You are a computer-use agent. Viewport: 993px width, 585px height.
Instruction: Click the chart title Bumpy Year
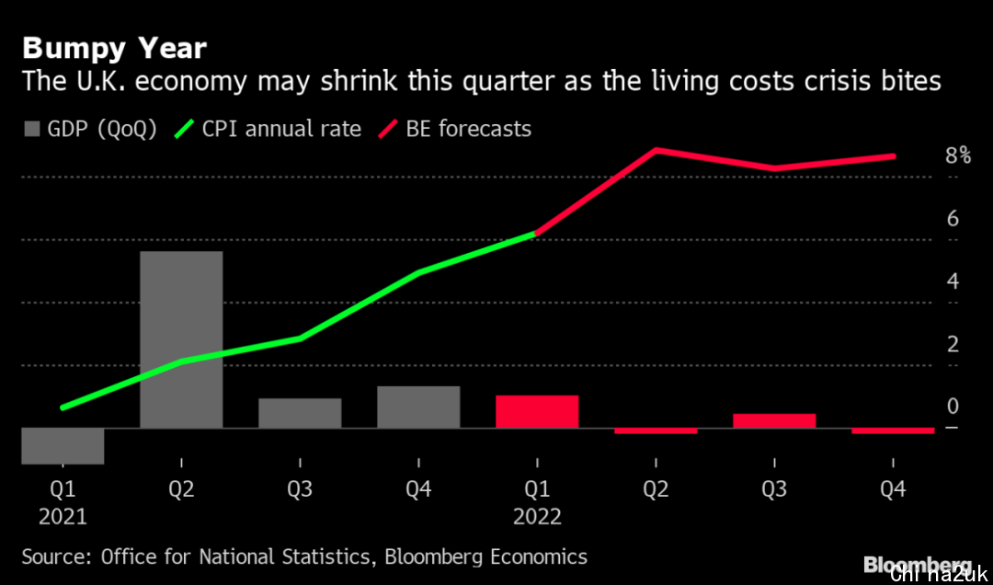114,48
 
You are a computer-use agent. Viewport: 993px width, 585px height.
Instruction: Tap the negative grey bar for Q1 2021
63,446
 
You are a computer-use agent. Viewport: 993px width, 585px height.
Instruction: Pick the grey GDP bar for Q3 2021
300,413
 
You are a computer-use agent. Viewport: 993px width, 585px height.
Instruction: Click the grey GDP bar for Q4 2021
418,407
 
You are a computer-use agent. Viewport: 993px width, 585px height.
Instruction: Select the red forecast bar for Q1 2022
537,411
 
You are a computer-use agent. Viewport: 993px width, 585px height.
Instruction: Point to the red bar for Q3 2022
774,420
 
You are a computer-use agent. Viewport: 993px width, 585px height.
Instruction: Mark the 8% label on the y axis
958,155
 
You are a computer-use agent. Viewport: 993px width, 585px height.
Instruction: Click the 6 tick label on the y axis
953,219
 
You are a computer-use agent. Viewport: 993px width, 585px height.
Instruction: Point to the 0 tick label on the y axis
953,407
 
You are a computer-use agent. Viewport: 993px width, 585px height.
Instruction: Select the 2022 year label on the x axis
537,517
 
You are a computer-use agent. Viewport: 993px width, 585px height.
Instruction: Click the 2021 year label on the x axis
63,517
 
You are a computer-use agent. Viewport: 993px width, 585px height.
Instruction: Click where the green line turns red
537,234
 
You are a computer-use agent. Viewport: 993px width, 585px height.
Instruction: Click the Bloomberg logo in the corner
917,564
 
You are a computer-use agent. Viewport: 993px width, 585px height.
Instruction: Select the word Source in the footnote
55,556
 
